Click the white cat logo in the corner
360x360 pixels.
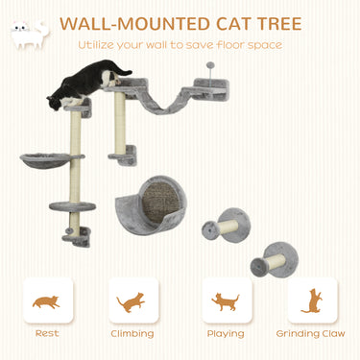point(28,34)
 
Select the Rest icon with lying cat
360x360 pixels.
point(46,301)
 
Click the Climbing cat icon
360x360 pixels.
point(132,301)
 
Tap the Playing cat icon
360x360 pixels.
point(226,301)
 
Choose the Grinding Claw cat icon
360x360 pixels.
point(311,301)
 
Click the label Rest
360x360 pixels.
point(46,333)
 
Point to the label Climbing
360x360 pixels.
point(132,333)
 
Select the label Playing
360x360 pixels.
point(226,333)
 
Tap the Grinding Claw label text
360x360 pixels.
point(311,333)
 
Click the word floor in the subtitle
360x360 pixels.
point(234,44)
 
